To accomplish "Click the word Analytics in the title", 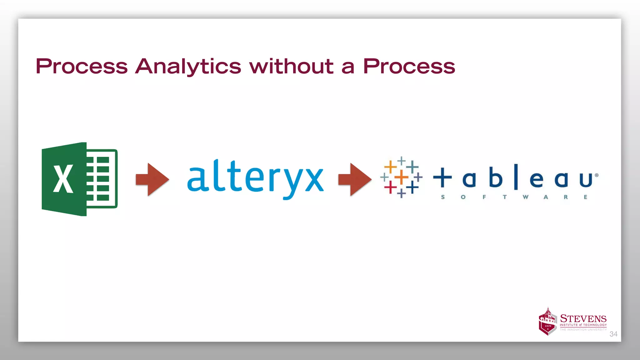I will click(188, 67).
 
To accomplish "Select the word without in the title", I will click(291, 67).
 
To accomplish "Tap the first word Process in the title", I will click(82, 67).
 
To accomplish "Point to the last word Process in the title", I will click(409, 67).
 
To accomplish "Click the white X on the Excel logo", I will click(63, 179).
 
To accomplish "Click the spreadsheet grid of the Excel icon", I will click(102, 179).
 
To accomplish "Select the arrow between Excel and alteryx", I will click(152, 179).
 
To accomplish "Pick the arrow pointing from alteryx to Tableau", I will click(355, 179).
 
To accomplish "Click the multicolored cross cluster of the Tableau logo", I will click(401, 177).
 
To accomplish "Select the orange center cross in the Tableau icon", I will click(401, 177).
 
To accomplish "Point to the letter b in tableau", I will click(495, 177).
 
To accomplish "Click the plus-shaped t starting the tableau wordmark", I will click(442, 177).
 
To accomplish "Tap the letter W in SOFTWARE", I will click(525, 197).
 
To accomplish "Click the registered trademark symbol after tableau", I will click(597, 175).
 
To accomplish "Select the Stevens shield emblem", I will click(547, 322).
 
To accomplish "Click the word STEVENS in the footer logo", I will click(583, 318).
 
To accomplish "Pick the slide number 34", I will click(613, 334).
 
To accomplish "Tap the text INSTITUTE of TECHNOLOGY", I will click(583, 325).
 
